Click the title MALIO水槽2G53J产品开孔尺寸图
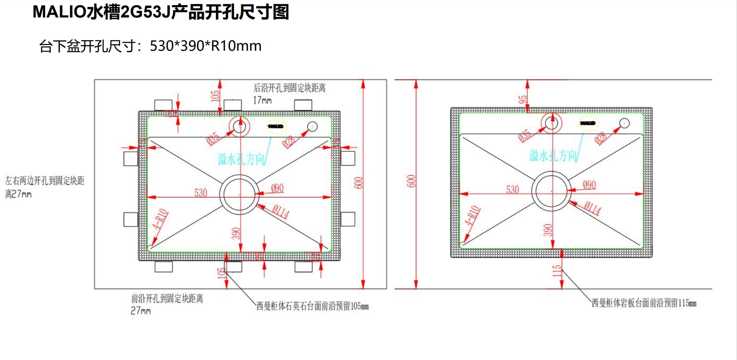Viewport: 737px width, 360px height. (x=161, y=12)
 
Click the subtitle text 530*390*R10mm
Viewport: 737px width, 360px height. (x=206, y=46)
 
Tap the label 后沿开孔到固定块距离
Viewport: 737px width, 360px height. (x=289, y=88)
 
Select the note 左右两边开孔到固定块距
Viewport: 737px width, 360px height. (x=45, y=181)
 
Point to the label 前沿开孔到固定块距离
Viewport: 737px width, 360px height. (x=167, y=299)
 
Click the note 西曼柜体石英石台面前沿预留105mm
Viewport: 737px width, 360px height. (x=312, y=306)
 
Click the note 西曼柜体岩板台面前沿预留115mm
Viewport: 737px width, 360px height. (x=644, y=303)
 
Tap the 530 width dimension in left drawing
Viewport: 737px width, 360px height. (x=200, y=193)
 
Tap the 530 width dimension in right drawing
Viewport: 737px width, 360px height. (x=512, y=189)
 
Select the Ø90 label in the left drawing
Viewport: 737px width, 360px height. (x=277, y=188)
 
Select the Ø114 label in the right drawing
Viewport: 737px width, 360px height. (x=592, y=208)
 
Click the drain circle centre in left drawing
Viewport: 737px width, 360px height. (x=240, y=195)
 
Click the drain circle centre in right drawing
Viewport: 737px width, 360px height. (x=551, y=191)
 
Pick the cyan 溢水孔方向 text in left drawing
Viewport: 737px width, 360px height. (x=241, y=159)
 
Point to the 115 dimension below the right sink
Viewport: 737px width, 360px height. (x=557, y=271)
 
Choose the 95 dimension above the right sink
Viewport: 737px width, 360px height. (x=522, y=99)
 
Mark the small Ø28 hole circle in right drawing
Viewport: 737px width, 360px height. (x=624, y=123)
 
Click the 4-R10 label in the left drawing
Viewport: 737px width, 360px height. (x=160, y=219)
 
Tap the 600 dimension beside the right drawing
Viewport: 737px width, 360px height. (x=411, y=181)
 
